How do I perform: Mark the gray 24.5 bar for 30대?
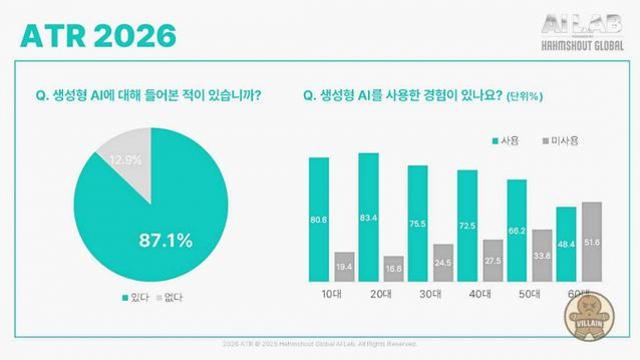(442, 260)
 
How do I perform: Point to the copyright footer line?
(319, 343)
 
